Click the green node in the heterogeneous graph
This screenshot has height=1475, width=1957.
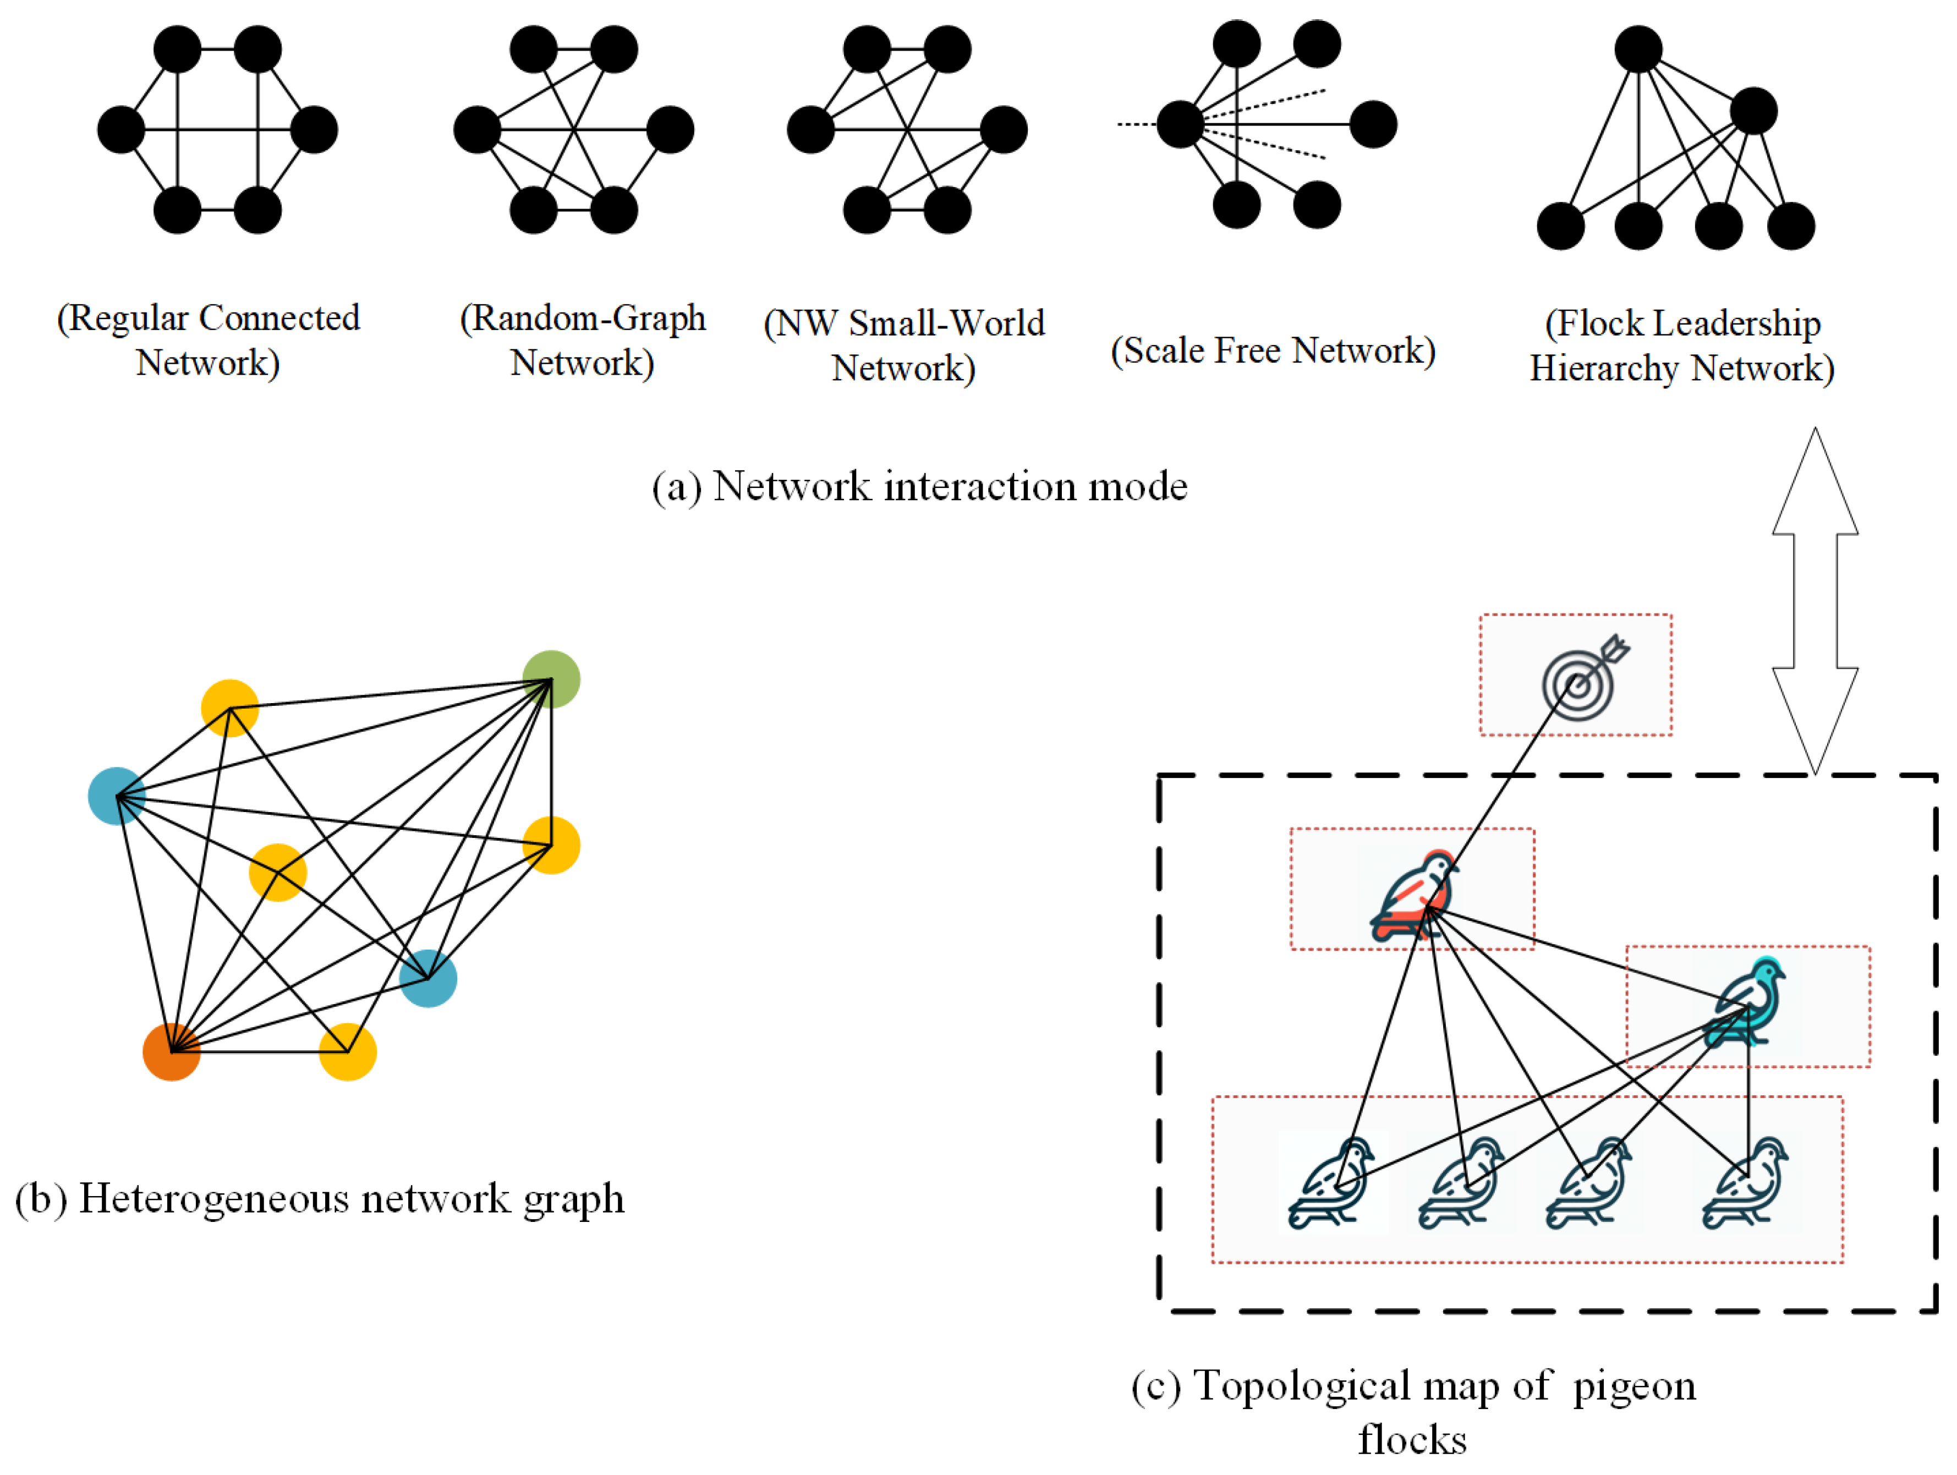(551, 679)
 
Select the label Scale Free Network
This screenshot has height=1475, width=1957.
(1272, 350)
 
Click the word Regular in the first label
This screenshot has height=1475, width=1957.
(128, 317)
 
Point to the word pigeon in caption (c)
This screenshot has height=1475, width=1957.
(1634, 1386)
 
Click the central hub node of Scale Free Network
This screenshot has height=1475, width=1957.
(1180, 124)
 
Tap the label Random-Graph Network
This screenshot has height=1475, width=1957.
(582, 341)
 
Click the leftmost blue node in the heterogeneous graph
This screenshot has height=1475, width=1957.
(117, 796)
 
